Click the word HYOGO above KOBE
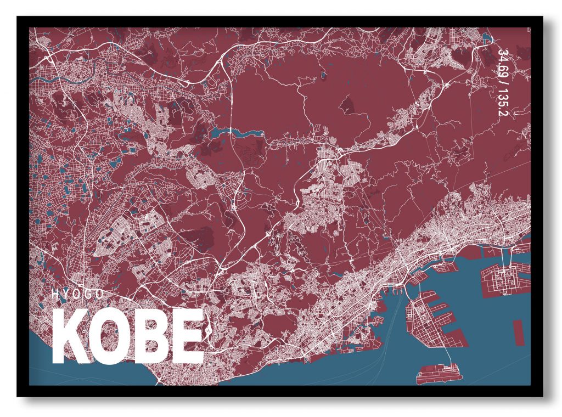[77, 294]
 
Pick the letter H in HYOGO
[55, 294]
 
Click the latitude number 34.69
[502, 61]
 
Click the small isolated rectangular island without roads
[518, 332]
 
